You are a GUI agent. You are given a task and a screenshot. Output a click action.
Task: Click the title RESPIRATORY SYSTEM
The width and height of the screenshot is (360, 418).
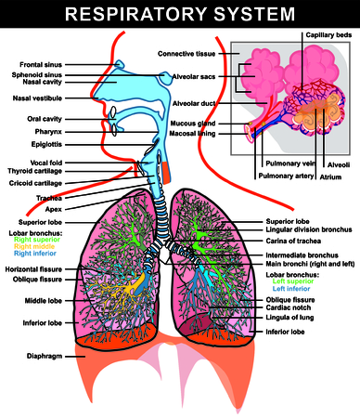point(180,15)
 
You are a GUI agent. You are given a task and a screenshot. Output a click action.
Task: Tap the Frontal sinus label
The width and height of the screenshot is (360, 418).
point(38,64)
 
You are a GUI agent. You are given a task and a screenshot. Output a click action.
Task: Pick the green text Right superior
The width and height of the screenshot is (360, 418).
point(38,240)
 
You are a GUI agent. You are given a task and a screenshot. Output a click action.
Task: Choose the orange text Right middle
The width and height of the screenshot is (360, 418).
point(36,247)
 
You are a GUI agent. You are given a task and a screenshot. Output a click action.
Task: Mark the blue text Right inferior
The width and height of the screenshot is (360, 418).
point(36,255)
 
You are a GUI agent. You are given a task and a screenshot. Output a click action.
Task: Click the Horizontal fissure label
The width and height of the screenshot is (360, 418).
point(32,269)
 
